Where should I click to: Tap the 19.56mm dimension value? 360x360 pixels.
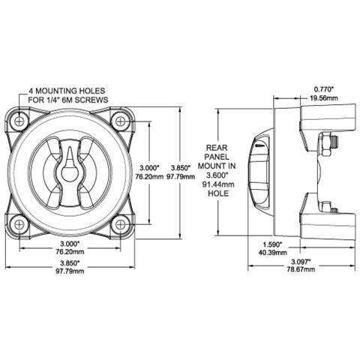coord(325,98)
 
